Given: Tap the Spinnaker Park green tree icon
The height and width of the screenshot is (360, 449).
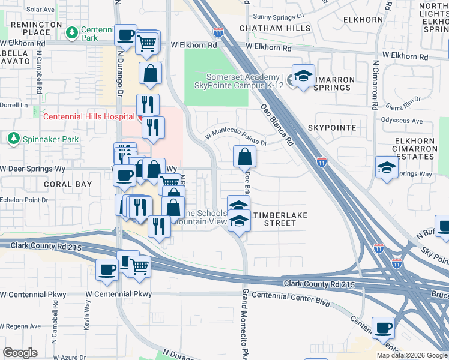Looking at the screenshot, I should pyautogui.click(x=13, y=139).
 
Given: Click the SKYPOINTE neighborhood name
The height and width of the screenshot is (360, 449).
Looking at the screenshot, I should pyautogui.click(x=332, y=128).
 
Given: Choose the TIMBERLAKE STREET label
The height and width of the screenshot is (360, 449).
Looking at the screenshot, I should pyautogui.click(x=275, y=218).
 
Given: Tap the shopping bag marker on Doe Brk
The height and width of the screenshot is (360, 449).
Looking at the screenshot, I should pyautogui.click(x=245, y=157).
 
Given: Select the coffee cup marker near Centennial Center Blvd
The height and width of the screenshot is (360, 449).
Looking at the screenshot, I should pyautogui.click(x=383, y=328).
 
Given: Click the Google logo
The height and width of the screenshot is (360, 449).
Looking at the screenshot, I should pyautogui.click(x=20, y=353).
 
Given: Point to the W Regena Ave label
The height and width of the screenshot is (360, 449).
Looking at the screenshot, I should pyautogui.click(x=20, y=326).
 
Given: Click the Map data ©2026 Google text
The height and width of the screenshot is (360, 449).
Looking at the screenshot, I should pyautogui.click(x=411, y=355).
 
